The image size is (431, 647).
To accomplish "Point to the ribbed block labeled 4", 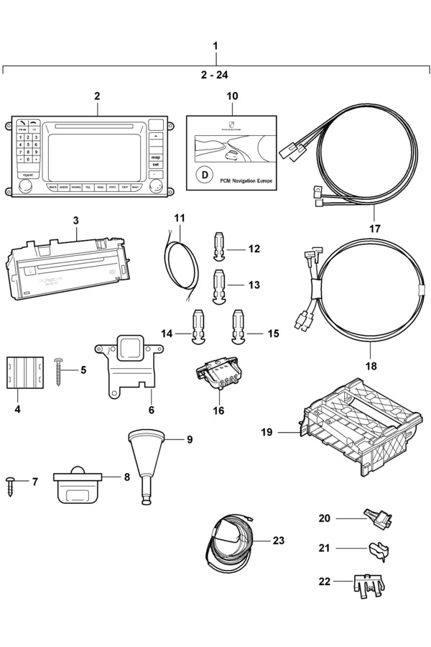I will pos(24,372).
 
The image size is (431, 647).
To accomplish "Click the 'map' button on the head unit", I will pos(155,157).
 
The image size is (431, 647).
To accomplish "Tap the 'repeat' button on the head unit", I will pos(28,175).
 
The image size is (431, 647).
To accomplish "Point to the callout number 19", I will pos(267,433).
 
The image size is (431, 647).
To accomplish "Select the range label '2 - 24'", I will pos(215,73).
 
